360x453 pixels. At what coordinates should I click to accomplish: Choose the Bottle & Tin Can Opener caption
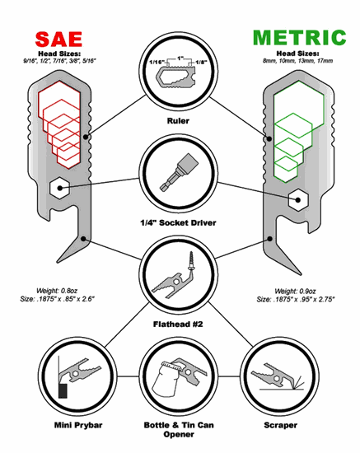click(x=180, y=430)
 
